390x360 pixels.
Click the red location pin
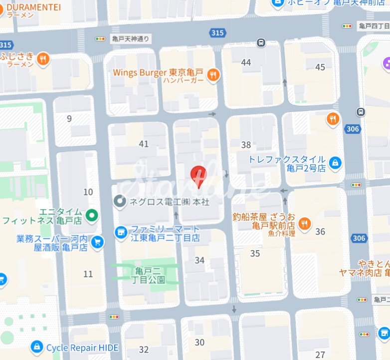coord(199,176)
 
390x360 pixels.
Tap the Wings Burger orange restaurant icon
coord(213,75)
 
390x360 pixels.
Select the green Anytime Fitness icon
coord(91,216)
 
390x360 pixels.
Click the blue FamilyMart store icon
coord(120,232)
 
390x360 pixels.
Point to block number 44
coord(246,62)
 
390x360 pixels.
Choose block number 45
coord(320,67)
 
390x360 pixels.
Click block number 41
coord(144,144)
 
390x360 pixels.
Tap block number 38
coord(246,145)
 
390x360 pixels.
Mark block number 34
coord(199,260)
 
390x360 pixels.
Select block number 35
coord(255,253)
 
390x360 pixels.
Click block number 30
coord(199,342)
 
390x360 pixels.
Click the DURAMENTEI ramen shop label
coord(33,7)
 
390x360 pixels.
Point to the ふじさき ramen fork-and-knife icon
coord(44,59)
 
